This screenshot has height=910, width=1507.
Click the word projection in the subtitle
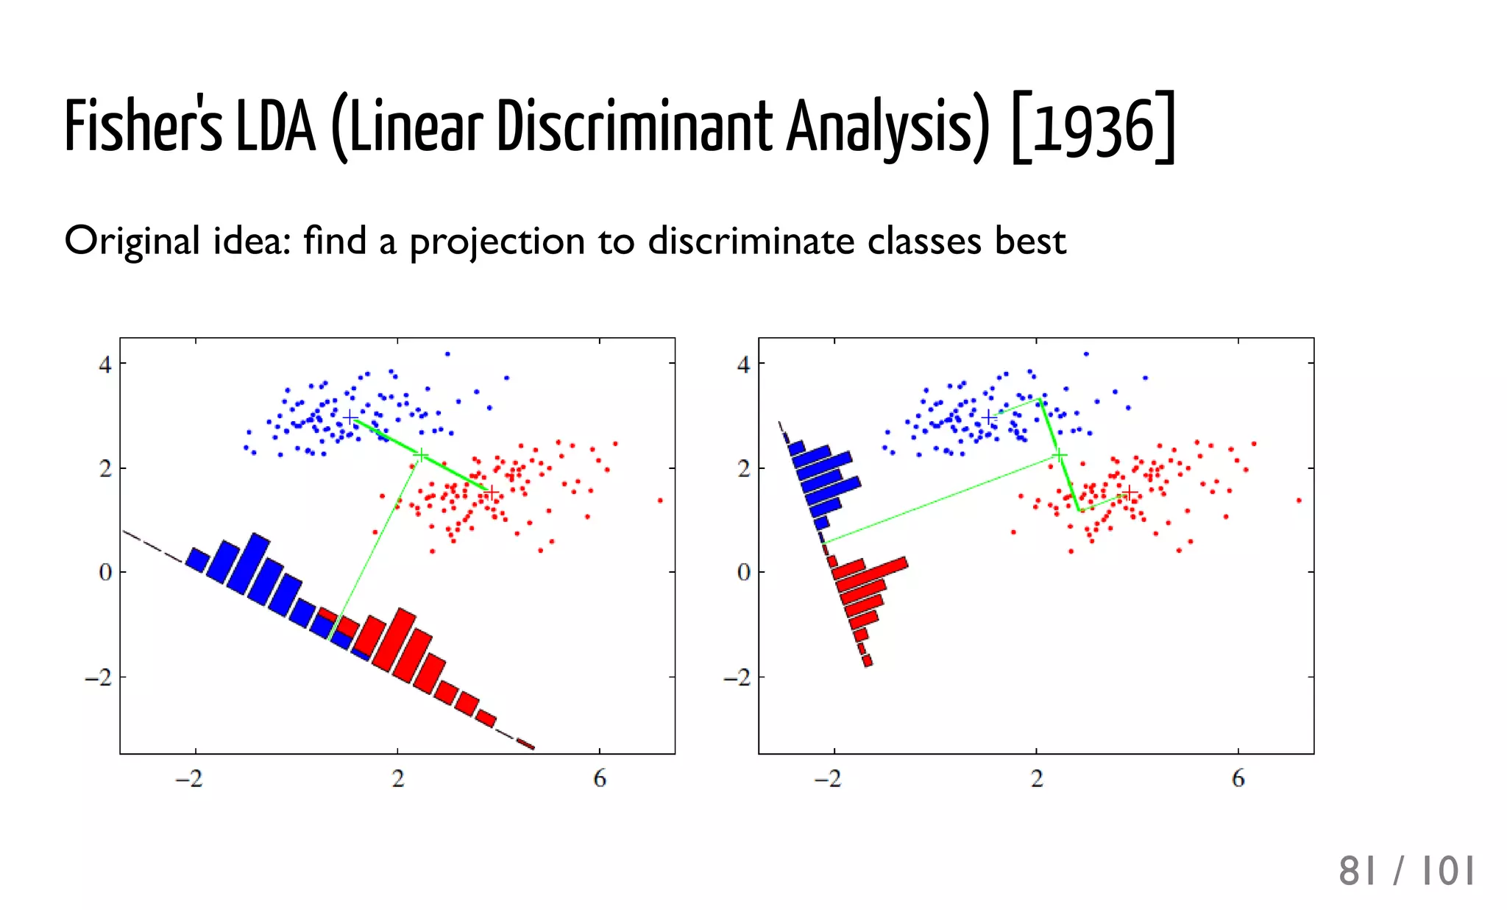[497, 242]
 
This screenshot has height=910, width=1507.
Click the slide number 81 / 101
[1406, 871]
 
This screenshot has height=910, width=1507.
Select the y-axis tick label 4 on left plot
[105, 364]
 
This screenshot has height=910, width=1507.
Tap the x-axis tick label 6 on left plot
[600, 778]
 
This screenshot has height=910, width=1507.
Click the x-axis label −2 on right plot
[828, 778]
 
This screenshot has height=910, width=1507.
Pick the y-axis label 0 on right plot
[744, 572]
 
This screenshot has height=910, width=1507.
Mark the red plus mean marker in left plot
[492, 492]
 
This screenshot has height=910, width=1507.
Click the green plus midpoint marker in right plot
[1059, 456]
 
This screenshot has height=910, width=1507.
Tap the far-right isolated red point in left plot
[660, 501]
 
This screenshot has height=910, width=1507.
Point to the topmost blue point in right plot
[1085, 354]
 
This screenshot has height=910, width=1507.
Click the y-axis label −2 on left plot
[98, 677]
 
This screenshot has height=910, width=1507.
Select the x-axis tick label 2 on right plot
[1036, 778]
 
